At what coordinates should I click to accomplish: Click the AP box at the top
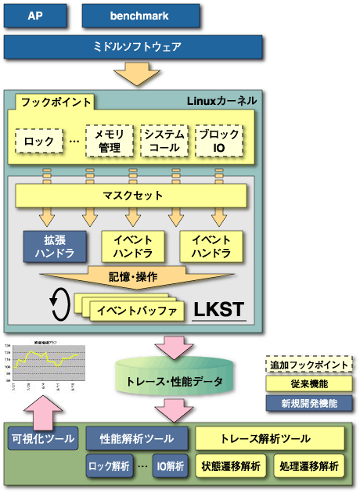[35, 16]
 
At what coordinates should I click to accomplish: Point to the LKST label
[218, 311]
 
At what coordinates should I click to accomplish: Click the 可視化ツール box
[42, 438]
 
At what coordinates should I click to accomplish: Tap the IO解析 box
[169, 466]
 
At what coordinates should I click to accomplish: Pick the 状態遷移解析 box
[232, 466]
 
